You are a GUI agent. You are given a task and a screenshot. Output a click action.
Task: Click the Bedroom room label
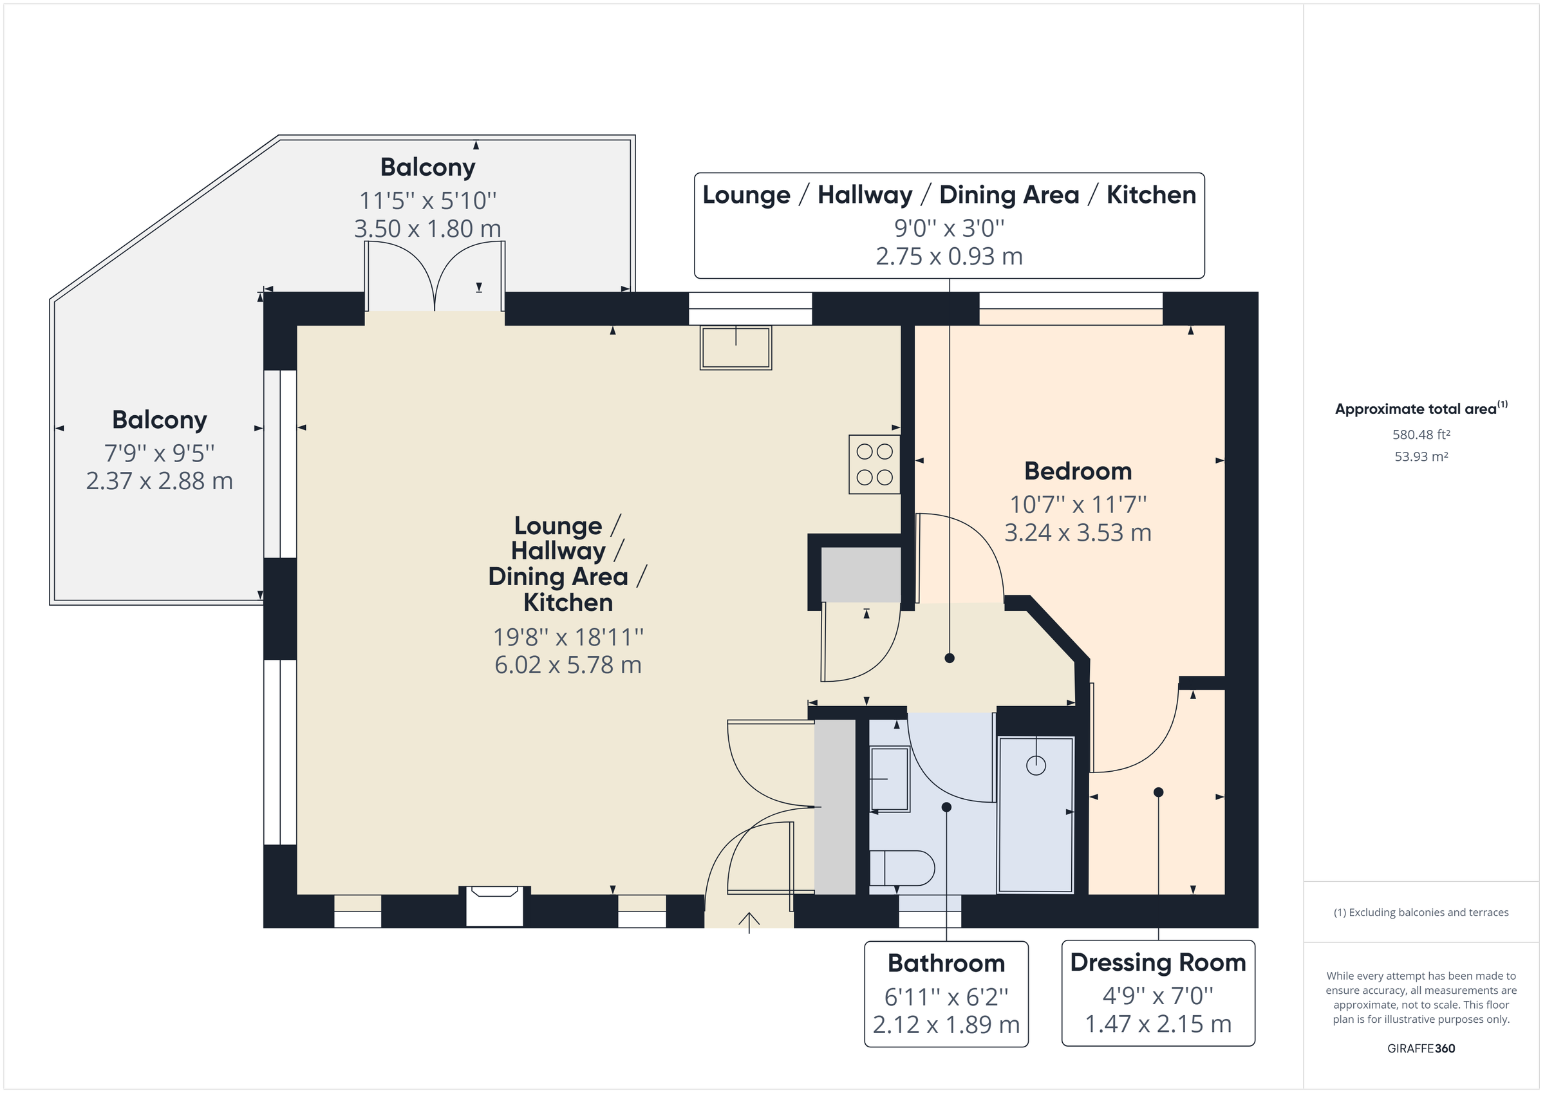point(1078,471)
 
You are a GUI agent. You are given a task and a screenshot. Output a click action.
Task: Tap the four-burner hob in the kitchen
point(874,464)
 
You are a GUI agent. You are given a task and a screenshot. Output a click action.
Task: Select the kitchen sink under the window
point(736,348)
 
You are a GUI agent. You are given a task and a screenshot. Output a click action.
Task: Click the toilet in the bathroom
point(902,868)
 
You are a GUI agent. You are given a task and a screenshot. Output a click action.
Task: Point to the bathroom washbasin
point(890,779)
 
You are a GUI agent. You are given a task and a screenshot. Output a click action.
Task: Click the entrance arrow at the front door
point(749,921)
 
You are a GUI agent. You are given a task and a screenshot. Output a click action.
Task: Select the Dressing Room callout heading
point(1157,962)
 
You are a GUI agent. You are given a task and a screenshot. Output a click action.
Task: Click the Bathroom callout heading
point(946,963)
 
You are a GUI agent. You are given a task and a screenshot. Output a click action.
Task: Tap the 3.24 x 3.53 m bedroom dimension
point(1078,533)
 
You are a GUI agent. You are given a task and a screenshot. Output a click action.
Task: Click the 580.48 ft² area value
point(1421,434)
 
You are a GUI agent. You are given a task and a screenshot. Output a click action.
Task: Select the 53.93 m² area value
point(1421,456)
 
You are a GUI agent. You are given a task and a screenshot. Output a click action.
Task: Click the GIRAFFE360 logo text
point(1421,1048)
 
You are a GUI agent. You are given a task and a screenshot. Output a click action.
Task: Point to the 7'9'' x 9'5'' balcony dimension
point(159,453)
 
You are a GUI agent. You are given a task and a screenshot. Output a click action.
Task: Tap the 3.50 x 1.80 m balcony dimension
point(427,229)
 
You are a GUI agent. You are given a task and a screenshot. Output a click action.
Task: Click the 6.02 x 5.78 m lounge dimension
point(567,665)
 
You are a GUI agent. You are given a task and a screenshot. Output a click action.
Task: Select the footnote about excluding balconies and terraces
point(1421,913)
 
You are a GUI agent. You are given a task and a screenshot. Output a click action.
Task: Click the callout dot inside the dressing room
point(1158,792)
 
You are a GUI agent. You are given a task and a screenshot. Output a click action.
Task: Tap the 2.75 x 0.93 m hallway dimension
point(949,256)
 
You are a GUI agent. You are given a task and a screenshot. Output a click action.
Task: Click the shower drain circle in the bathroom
point(1036,765)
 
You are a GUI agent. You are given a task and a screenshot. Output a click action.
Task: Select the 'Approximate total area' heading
point(1416,409)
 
